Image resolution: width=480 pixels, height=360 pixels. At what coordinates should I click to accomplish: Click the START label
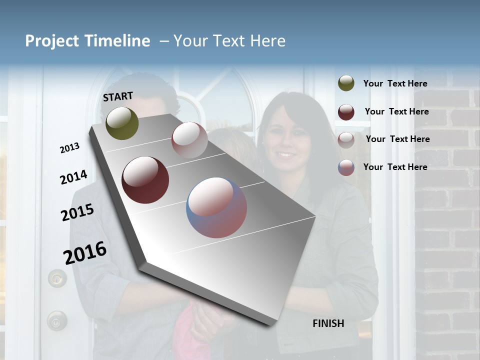click(x=118, y=96)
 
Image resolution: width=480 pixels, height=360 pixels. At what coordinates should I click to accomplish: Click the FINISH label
click(x=328, y=323)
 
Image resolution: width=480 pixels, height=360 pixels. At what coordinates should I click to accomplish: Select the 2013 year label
click(x=69, y=148)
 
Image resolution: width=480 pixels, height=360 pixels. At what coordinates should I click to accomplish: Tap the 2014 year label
click(x=73, y=177)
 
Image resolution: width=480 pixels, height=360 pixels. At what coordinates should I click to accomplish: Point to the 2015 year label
click(x=77, y=212)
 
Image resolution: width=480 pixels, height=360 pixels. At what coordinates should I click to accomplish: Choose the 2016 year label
click(x=85, y=252)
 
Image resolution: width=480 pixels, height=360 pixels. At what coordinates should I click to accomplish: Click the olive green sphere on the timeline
click(x=122, y=123)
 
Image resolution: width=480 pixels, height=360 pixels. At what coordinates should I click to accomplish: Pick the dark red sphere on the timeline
click(x=145, y=180)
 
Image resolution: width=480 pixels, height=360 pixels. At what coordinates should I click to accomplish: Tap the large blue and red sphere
click(x=216, y=207)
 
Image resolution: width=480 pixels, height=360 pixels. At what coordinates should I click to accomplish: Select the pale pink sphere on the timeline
click(x=189, y=140)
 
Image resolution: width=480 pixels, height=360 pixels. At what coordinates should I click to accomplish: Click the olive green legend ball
click(x=346, y=83)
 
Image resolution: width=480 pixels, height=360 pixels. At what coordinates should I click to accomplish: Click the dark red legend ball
click(x=346, y=112)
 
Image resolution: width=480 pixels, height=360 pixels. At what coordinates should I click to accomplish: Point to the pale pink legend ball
click(x=346, y=140)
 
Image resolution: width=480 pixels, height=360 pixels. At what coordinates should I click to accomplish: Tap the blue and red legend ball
click(x=346, y=167)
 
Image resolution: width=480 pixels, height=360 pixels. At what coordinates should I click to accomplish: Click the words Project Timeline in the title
click(x=87, y=41)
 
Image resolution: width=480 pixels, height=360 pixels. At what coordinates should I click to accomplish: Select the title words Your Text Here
click(x=229, y=41)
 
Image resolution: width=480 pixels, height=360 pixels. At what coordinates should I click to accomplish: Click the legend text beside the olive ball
click(x=395, y=83)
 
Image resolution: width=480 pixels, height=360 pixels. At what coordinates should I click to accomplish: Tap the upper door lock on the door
click(x=57, y=277)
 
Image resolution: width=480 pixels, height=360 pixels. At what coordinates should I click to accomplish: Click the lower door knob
click(x=56, y=320)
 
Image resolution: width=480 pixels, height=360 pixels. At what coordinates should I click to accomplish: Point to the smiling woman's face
click(x=286, y=137)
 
